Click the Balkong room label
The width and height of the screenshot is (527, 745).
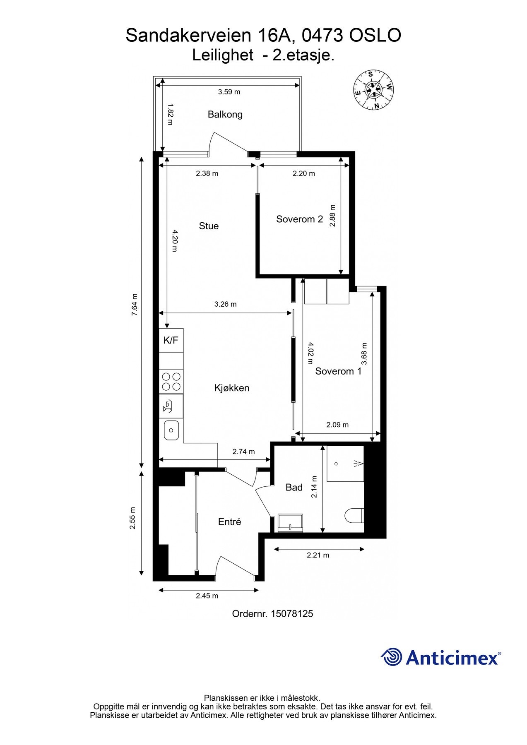point(225,114)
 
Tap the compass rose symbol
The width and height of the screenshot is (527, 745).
point(373,90)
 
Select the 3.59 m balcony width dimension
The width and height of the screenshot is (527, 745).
point(229,92)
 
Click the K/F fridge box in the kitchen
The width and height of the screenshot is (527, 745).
point(171,340)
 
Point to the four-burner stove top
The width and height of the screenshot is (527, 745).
point(171,382)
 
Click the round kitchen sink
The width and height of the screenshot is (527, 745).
point(171,430)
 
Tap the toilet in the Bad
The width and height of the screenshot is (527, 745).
point(354,516)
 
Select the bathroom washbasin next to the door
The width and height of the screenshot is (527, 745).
point(290,523)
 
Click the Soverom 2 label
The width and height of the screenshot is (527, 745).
point(299,219)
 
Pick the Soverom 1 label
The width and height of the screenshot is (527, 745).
point(338,371)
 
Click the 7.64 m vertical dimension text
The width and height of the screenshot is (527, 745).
point(134,305)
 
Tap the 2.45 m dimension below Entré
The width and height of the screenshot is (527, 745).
point(207,596)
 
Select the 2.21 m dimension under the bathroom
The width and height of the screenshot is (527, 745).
point(318,555)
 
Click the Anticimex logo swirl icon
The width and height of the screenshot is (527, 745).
point(392,657)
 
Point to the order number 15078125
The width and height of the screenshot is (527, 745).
point(291,614)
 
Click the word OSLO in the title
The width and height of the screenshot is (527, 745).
point(375,36)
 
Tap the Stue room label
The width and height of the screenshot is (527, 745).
point(209,226)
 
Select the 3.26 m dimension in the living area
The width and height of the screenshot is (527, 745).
point(225,304)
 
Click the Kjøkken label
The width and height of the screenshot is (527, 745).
point(232,388)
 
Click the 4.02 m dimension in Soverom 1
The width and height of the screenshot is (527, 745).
point(310,353)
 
